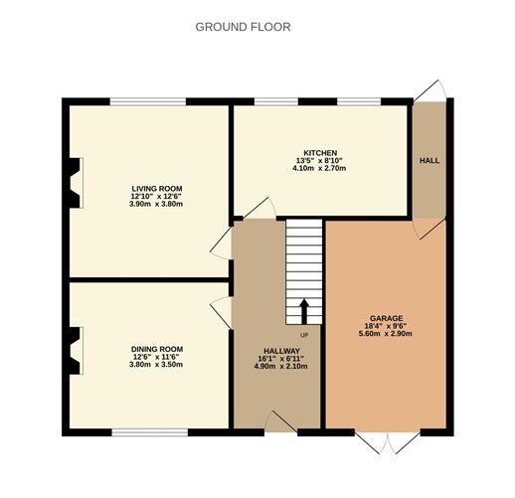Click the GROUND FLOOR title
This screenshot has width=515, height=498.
click(x=243, y=27)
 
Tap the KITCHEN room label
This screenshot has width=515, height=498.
click(x=320, y=153)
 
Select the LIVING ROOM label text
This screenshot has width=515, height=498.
click(x=157, y=189)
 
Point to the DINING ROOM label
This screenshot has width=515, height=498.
click(x=157, y=349)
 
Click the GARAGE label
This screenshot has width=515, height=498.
click(x=387, y=318)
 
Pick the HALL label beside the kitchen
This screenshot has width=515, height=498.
click(x=429, y=161)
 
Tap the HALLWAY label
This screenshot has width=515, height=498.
click(x=281, y=351)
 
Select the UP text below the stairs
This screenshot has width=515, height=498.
click(x=304, y=335)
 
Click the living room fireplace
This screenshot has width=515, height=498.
click(x=76, y=183)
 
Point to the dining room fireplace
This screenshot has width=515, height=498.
click(x=76, y=351)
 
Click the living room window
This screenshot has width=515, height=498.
click(x=148, y=101)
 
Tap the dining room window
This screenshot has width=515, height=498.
click(x=150, y=432)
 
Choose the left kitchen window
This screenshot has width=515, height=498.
click(x=276, y=101)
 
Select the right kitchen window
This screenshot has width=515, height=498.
click(x=359, y=101)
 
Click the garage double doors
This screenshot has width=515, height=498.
click(x=388, y=441)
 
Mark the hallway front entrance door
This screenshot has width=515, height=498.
click(x=280, y=421)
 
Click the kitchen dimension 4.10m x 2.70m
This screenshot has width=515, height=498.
click(x=319, y=168)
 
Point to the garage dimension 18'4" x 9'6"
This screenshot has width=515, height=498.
click(x=386, y=326)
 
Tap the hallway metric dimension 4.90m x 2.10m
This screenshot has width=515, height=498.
click(x=280, y=367)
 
